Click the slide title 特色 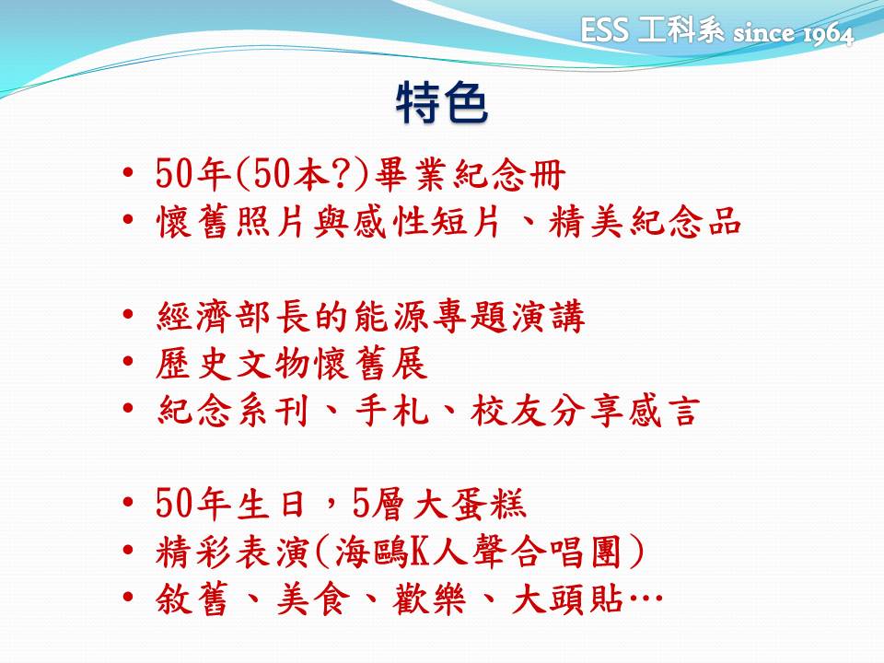[x=441, y=102]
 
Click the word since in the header [x=764, y=33]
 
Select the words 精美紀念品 [x=645, y=220]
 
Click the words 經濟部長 [x=233, y=316]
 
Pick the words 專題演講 [x=508, y=316]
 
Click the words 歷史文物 [x=233, y=364]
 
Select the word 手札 [x=392, y=410]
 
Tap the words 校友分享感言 [x=586, y=410]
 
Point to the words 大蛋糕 [x=470, y=504]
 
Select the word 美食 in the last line [x=313, y=599]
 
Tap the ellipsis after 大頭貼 [x=646, y=598]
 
